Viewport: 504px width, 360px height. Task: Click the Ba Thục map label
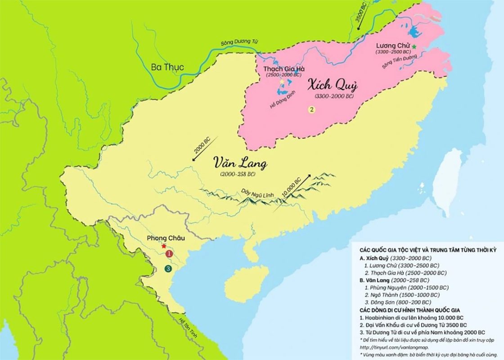click(x=167, y=67)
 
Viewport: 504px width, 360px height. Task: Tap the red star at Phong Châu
click(x=164, y=246)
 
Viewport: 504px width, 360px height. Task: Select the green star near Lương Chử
click(x=414, y=46)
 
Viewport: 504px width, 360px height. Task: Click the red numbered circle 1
click(x=169, y=254)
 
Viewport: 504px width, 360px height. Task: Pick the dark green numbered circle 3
click(x=168, y=269)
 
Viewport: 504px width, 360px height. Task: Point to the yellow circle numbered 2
click(x=310, y=109)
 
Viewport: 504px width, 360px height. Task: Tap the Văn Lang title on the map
click(x=240, y=163)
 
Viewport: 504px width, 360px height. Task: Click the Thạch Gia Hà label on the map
click(x=284, y=69)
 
